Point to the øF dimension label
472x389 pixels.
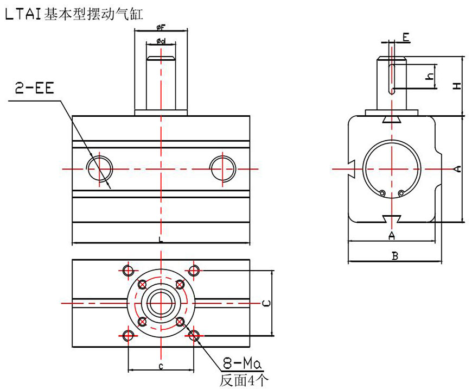click(161, 27)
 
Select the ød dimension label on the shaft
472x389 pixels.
click(161, 41)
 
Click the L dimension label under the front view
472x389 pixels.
click(161, 239)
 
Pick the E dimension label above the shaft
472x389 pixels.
click(405, 36)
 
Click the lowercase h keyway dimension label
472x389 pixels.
click(430, 77)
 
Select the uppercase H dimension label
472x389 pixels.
click(457, 86)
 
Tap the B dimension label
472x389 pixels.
click(394, 256)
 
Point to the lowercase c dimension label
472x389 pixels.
click(161, 366)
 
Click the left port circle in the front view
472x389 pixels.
click(100, 168)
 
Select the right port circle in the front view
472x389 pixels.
click(222, 168)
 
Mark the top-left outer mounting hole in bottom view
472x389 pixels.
click(129, 270)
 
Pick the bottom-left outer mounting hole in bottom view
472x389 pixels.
click(129, 335)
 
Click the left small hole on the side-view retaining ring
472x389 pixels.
click(383, 193)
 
